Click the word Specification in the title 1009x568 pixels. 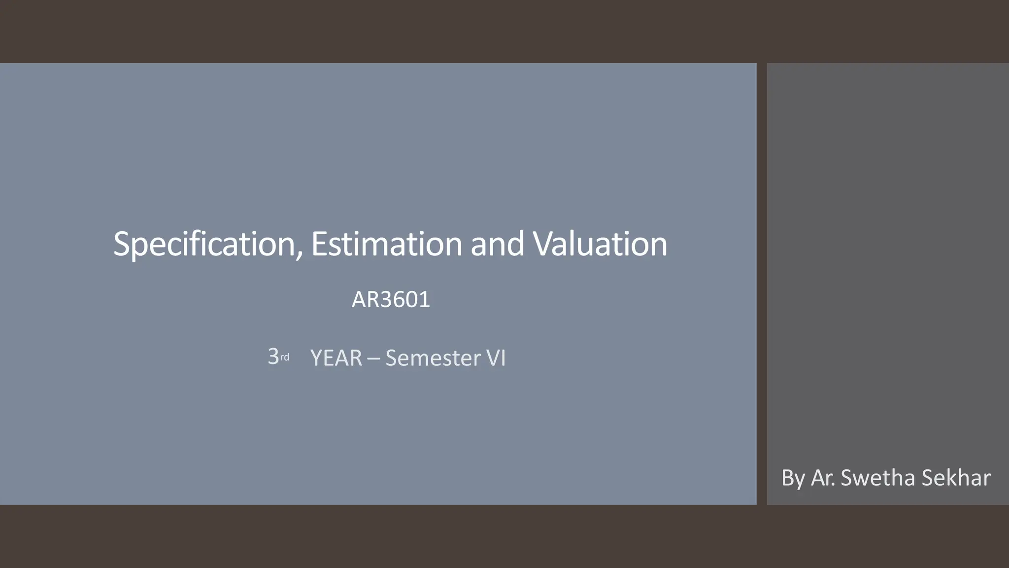(204, 244)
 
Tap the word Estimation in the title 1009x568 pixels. (386, 244)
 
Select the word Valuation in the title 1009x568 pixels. (600, 244)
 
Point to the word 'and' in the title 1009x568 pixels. (497, 244)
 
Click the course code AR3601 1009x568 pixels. (391, 300)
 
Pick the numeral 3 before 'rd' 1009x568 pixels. (273, 356)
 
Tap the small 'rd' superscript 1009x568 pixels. (285, 357)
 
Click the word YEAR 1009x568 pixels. (336, 358)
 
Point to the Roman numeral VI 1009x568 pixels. (496, 358)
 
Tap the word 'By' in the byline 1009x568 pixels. (793, 478)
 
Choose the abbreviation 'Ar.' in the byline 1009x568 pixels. (823, 478)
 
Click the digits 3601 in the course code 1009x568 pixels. (405, 300)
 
